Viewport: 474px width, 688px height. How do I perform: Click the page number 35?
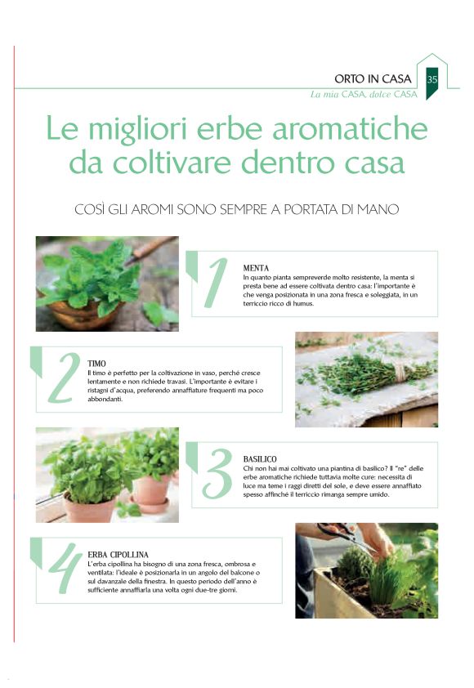432,79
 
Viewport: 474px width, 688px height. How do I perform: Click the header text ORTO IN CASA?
373,79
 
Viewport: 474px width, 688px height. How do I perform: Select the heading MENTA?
256,268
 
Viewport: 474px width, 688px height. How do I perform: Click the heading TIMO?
96,364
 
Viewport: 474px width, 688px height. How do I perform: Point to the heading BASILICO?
260,459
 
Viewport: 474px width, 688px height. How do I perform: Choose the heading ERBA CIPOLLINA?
118,555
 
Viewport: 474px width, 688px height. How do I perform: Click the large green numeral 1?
216,283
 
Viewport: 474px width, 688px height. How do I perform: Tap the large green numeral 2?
64,378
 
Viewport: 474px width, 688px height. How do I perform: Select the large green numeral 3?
217,474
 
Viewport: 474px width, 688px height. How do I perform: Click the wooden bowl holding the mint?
83,313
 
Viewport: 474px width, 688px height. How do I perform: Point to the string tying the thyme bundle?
400,372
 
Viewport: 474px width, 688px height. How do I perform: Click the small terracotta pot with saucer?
151,494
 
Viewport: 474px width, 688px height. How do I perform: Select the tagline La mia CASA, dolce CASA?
364,94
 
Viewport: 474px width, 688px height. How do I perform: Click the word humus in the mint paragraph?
304,304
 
